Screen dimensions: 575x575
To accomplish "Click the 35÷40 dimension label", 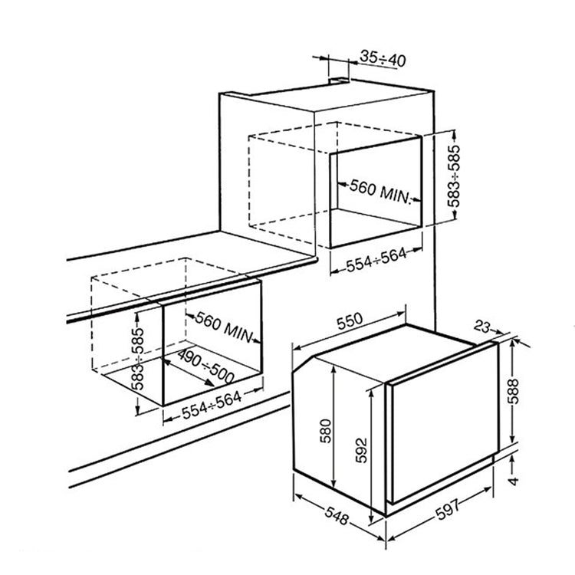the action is pos(383,59).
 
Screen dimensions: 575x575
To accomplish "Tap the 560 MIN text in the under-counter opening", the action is pos(224,327).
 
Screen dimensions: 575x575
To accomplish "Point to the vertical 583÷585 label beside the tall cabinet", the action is pos(454,176).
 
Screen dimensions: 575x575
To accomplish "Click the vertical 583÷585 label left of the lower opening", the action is pos(138,359).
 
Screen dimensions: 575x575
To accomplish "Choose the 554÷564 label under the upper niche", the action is pos(376,260).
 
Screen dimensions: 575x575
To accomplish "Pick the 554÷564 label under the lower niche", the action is pos(212,405).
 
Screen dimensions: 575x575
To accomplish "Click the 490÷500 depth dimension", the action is pos(205,366).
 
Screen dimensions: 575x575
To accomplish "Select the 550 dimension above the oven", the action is pos(350,321).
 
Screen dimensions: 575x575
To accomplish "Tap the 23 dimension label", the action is pos(482,326).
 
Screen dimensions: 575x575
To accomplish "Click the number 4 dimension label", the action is pos(514,481).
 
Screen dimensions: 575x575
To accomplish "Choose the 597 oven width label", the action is pos(448,510).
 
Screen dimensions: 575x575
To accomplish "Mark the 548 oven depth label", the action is pos(336,515).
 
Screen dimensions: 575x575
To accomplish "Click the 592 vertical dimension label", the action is pos(361,450).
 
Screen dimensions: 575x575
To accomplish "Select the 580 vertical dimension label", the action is pos(325,431).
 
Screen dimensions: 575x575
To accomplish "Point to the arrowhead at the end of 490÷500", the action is pos(210,383).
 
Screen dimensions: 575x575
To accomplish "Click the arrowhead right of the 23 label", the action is pos(499,331).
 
